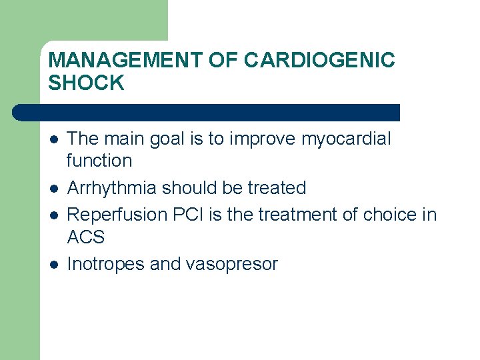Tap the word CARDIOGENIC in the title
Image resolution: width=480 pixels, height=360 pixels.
point(319,61)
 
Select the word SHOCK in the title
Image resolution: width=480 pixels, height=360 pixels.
point(87,83)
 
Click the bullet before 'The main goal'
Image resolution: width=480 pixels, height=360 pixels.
point(54,139)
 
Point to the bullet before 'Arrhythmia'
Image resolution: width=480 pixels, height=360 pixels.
point(54,189)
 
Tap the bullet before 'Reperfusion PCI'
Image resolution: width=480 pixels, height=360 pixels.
point(54,215)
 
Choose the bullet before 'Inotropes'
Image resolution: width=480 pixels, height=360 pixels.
point(54,265)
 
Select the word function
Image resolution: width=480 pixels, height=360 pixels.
point(99,161)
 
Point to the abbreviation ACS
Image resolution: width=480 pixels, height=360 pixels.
point(86,237)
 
